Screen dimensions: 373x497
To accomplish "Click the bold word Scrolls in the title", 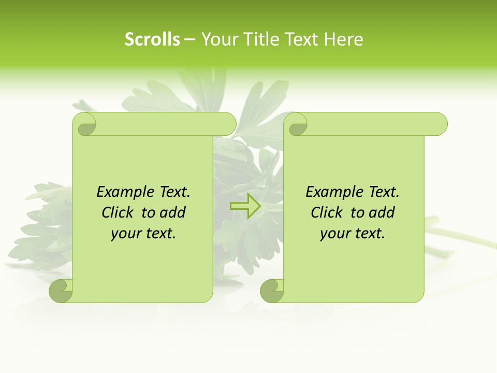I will (153, 39).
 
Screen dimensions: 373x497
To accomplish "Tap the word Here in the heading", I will (344, 39).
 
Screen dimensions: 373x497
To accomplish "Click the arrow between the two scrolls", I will (245, 206).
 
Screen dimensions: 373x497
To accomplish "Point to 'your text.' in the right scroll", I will (353, 234).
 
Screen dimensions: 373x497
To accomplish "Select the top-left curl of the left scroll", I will (85, 124).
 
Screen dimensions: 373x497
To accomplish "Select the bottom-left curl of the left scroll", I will (61, 291).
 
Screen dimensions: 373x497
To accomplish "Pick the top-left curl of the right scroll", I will (297, 124).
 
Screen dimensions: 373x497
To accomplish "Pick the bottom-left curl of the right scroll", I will (272, 291).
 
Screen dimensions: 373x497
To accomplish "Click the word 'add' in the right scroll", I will (383, 213).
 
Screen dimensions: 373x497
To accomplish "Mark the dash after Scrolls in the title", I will (189, 39).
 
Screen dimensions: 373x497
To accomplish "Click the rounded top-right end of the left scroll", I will (228, 124).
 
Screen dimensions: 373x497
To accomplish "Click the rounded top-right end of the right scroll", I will (439, 124).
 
